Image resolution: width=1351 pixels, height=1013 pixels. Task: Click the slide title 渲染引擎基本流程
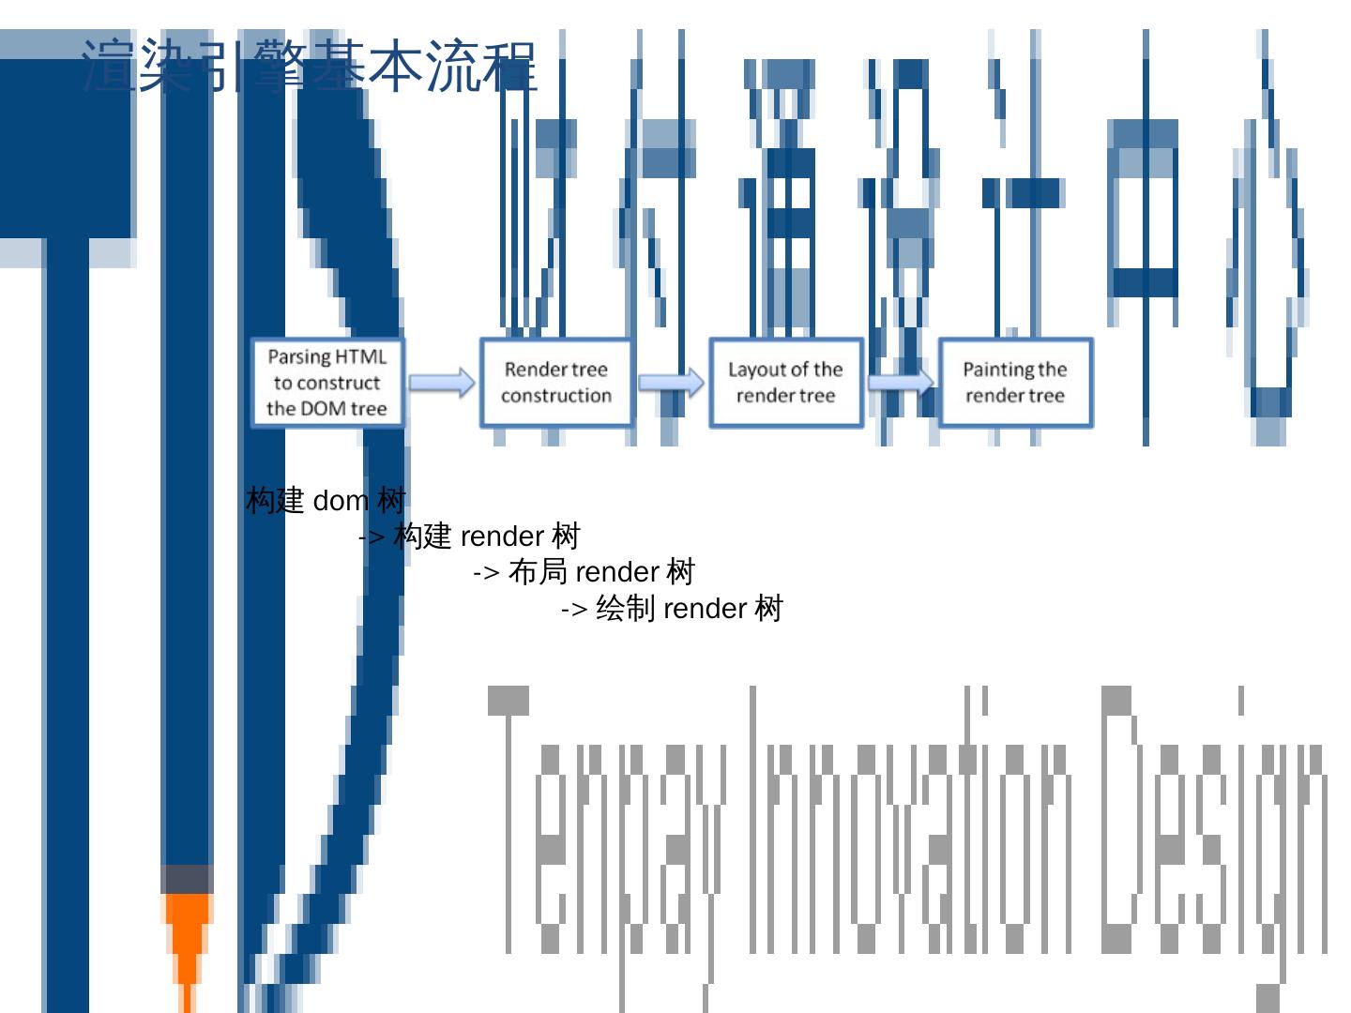click(x=310, y=66)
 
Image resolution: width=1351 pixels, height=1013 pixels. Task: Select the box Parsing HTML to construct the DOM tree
click(x=327, y=383)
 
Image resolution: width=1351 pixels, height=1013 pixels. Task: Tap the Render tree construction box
click(x=556, y=383)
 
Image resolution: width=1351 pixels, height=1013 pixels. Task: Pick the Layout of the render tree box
click(x=785, y=383)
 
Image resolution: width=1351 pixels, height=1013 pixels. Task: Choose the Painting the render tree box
click(x=1015, y=383)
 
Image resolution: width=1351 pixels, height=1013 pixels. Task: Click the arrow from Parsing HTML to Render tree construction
click(x=442, y=383)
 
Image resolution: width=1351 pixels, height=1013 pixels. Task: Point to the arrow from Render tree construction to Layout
click(x=671, y=383)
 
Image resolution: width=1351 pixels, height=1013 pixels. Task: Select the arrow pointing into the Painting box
click(x=901, y=383)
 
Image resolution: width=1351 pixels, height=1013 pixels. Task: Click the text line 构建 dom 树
click(x=326, y=501)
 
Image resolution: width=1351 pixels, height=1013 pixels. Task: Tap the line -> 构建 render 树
click(x=470, y=537)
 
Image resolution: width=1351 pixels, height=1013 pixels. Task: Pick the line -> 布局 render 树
click(x=584, y=572)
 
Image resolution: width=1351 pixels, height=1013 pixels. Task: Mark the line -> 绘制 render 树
click(x=672, y=609)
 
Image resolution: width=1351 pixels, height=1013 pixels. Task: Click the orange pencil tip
click(x=187, y=938)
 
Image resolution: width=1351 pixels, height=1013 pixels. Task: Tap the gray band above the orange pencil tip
click(x=187, y=879)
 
